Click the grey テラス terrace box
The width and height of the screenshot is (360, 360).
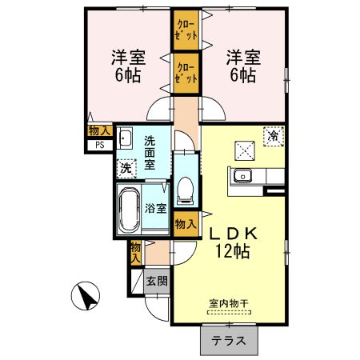point(228,340)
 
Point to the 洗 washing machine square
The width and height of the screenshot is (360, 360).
point(125,168)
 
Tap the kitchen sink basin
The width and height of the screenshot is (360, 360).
point(243,175)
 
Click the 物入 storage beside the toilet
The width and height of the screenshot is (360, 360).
point(185,225)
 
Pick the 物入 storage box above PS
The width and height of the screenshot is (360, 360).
point(99,130)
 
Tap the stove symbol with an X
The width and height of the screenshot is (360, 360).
point(244,149)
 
